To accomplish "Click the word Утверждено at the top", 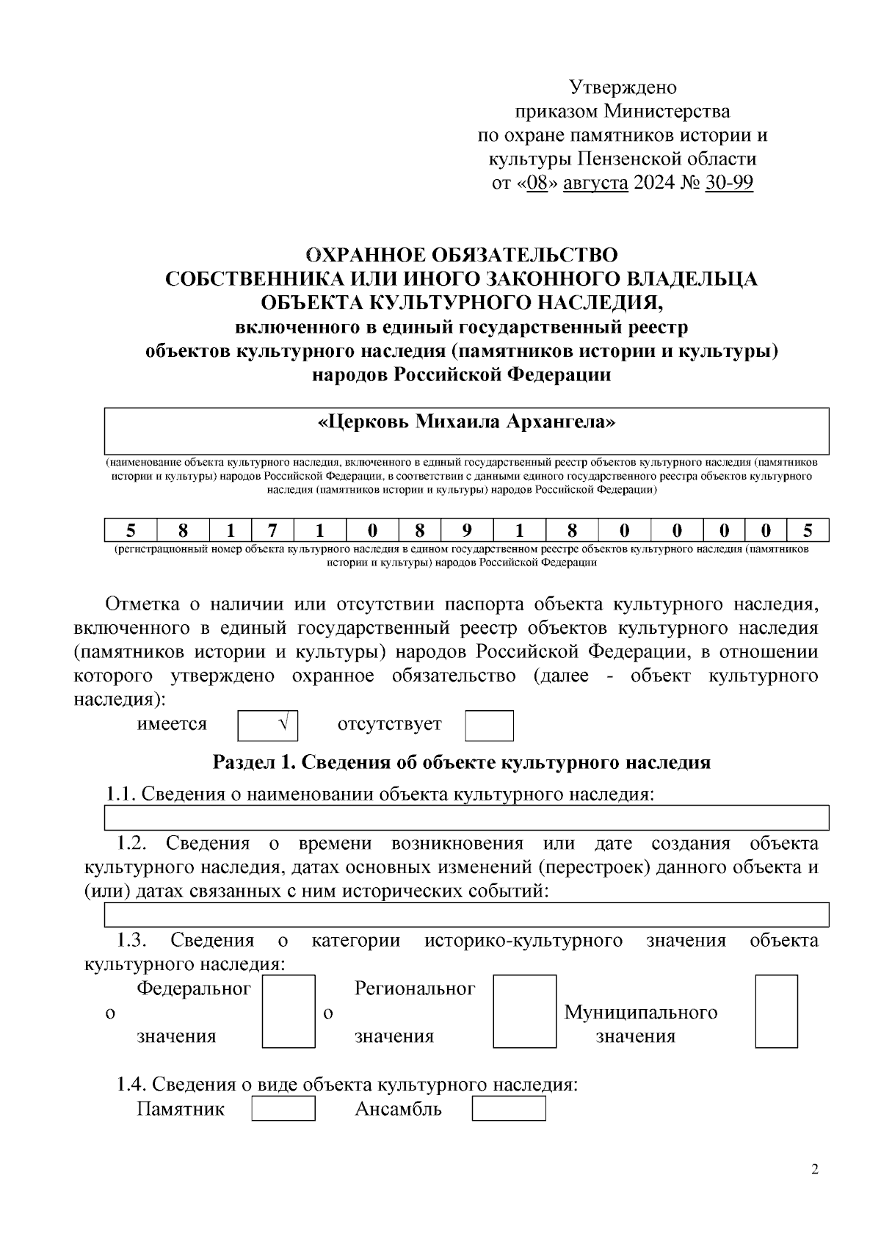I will point(623,87).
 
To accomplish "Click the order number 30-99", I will point(728,182).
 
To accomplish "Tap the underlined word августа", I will point(595,182).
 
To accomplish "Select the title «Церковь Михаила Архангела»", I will point(466,423).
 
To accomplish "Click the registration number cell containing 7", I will point(272,530).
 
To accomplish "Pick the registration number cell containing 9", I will point(467,530).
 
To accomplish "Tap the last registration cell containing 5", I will point(808,530).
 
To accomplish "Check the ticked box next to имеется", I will point(268,726).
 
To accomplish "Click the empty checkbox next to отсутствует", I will point(489,726).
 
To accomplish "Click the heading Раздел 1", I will point(461,762).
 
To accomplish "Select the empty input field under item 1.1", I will point(466,817).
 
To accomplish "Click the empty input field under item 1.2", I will point(466,914).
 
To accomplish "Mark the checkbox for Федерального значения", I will point(289,1011).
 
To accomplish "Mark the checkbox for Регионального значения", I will point(524,1011).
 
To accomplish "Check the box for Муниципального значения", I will point(776,1011).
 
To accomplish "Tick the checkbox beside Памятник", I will point(283,1108).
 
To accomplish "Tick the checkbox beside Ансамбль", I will point(508,1108).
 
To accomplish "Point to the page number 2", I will point(814,1169).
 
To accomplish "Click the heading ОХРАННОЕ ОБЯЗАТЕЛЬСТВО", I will point(461,255).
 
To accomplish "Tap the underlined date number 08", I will point(538,182).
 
